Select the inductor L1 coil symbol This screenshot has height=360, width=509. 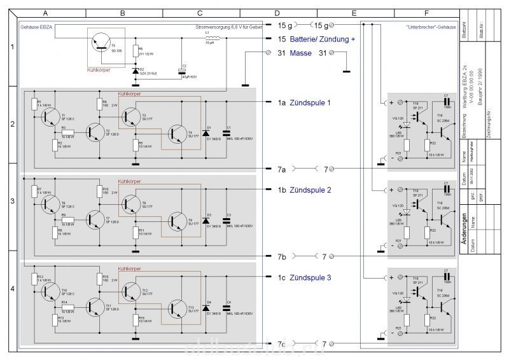(213, 39)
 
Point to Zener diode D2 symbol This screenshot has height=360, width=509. (135, 70)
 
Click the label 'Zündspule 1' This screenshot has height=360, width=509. (311, 102)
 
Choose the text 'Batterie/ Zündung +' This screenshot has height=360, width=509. (322, 39)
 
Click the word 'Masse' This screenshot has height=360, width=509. (300, 53)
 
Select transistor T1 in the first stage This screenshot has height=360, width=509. (50, 115)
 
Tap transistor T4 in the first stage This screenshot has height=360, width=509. (176, 134)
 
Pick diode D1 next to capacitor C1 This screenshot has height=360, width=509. (205, 134)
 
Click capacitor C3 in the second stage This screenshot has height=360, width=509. (227, 222)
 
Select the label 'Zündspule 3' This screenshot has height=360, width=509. (311, 278)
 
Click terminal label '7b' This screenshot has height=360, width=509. (281, 256)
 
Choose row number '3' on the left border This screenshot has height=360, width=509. (12, 200)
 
